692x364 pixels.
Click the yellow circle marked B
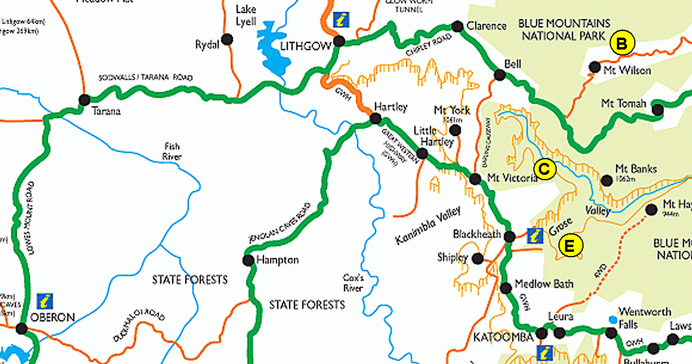(622, 43)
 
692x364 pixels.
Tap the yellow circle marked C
(544, 169)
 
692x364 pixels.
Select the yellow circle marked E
(570, 246)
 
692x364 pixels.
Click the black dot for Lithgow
(339, 41)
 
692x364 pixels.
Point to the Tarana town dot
(84, 100)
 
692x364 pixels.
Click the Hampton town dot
(248, 260)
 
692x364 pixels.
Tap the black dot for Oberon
(22, 328)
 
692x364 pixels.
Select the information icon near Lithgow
(341, 19)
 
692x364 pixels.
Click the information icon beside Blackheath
(536, 236)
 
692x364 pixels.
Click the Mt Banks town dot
(607, 180)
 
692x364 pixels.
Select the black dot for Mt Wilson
(594, 67)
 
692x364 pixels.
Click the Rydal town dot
(226, 40)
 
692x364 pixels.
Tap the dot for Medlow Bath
(506, 288)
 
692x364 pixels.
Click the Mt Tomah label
(623, 104)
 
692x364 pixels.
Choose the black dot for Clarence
(457, 26)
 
